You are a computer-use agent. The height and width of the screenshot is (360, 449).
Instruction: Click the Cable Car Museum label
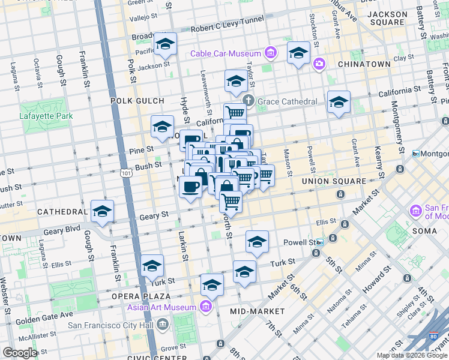226,53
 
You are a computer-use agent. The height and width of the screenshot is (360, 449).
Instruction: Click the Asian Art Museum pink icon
206,307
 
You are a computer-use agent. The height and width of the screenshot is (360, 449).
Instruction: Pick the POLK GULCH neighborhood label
133,101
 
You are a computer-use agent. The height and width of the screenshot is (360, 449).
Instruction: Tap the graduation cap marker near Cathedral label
103,212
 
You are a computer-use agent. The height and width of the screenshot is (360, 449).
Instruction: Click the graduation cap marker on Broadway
165,44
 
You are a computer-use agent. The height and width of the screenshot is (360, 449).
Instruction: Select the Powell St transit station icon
320,242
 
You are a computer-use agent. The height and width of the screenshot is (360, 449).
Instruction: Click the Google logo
20,352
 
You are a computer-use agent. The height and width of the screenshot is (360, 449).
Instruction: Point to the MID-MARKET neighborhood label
258,311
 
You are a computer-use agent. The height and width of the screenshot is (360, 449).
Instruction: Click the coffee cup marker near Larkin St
191,187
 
